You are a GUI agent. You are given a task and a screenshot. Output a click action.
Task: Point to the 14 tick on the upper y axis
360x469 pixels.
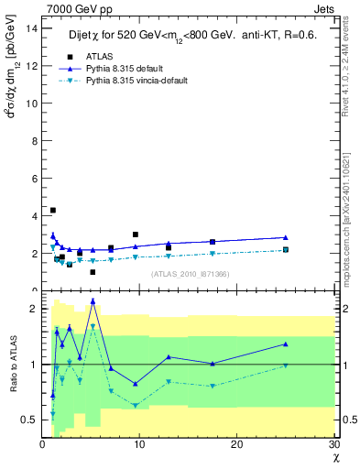(31, 27)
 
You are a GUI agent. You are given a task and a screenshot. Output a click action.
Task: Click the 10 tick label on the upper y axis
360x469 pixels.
(31, 103)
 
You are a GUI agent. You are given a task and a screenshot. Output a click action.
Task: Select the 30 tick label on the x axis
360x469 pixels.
(334, 444)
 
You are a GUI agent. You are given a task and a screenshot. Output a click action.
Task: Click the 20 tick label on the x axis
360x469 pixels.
(237, 444)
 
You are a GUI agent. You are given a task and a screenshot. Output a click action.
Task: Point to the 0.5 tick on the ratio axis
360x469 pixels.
(28, 420)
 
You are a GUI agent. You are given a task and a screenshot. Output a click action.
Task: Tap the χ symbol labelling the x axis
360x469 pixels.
(335, 457)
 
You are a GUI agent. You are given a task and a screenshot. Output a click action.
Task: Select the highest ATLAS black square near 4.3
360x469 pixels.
(53, 211)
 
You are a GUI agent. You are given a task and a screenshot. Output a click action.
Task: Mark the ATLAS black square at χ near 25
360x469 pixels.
(286, 249)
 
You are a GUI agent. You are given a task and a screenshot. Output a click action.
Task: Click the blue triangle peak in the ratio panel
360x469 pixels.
(93, 301)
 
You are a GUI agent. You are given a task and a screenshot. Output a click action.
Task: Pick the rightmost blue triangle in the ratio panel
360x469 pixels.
(286, 344)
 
